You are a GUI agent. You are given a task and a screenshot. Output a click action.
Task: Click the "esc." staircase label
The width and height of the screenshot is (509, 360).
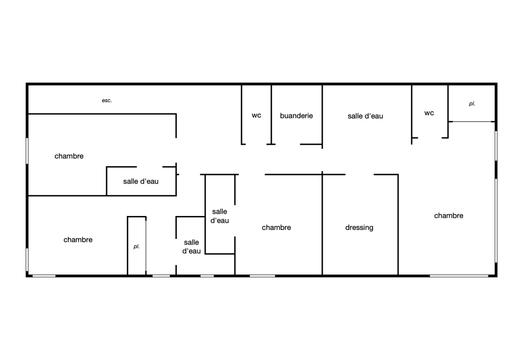[107, 101]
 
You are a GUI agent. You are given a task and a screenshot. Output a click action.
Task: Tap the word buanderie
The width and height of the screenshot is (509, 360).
[297, 116]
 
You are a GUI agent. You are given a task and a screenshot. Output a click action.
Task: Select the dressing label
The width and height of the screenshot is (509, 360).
[359, 228]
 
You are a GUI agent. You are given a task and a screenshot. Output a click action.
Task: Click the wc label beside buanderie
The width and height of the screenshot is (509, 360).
[257, 116]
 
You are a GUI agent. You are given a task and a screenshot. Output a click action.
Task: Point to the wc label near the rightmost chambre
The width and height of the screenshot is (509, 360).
[429, 113]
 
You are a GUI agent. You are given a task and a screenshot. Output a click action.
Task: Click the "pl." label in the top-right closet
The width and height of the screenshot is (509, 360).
[472, 104]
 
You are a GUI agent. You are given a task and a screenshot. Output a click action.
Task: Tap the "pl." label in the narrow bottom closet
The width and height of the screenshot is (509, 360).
[136, 247]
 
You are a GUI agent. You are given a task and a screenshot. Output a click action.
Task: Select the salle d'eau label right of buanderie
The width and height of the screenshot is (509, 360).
[365, 116]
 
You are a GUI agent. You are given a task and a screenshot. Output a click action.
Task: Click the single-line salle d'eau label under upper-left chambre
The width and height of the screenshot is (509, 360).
[140, 181]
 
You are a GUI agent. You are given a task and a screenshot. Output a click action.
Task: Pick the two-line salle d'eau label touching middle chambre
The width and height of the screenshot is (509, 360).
[220, 216]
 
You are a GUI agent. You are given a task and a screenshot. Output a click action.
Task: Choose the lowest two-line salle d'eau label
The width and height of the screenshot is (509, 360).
[192, 247]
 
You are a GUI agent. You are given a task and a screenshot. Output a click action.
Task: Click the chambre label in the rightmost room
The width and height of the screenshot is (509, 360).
[449, 216]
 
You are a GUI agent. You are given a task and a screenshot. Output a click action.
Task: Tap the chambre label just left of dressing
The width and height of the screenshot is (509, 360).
[276, 228]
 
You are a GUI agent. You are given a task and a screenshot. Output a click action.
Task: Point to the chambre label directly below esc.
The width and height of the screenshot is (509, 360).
[69, 156]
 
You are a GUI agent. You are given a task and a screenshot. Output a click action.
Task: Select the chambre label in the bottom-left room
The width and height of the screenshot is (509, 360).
[78, 240]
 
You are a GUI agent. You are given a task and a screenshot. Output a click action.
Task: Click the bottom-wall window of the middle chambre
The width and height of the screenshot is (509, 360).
[262, 276]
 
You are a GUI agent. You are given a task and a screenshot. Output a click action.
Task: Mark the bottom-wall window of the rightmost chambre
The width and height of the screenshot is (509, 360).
[459, 276]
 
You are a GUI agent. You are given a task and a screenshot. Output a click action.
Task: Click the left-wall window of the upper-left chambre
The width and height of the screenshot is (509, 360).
[27, 151]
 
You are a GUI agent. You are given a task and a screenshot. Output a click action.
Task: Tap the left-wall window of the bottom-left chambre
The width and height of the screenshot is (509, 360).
[27, 260]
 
